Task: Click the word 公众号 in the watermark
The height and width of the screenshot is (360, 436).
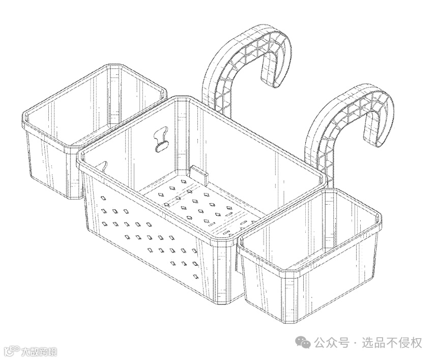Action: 331,343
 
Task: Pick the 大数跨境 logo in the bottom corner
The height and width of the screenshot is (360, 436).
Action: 31,351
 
